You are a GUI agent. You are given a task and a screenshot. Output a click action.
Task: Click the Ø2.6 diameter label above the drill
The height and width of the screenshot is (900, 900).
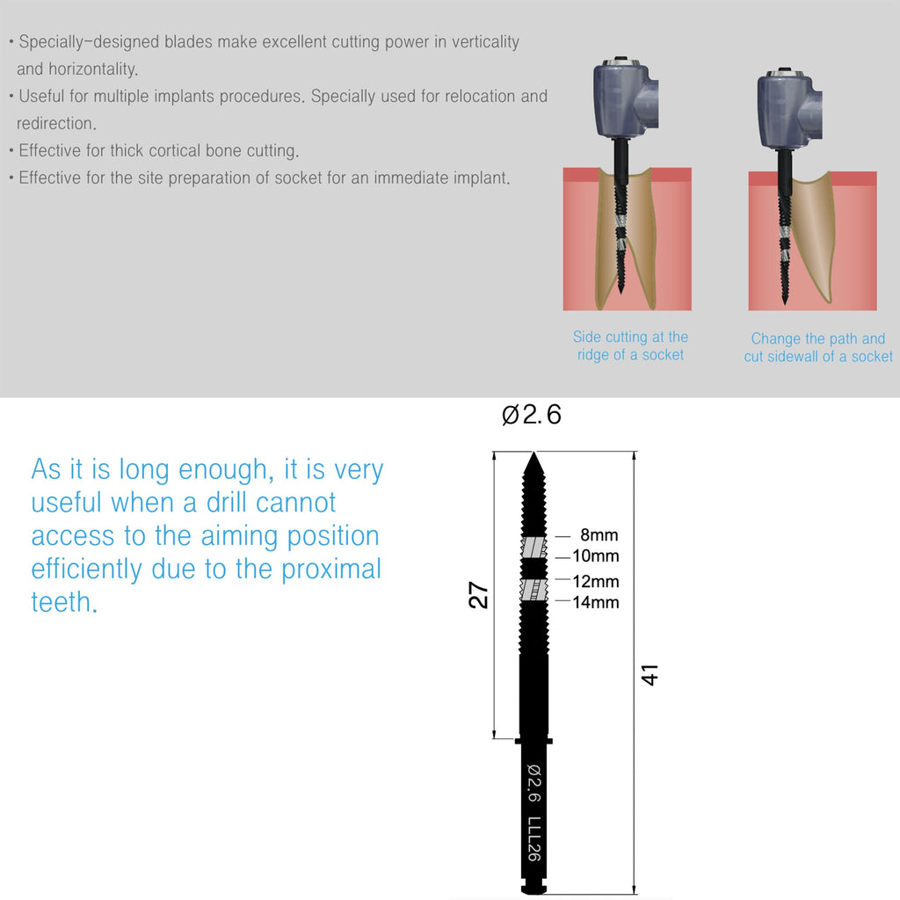532,415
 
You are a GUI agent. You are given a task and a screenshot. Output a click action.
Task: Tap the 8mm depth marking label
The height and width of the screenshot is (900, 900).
599,535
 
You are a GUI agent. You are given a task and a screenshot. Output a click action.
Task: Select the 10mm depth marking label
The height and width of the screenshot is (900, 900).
596,556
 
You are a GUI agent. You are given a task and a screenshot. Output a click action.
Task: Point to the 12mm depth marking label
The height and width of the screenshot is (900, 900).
596,582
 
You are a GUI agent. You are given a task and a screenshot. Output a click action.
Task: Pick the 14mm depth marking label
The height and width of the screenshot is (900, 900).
596,602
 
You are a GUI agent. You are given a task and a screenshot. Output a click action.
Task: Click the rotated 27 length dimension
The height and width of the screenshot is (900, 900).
478,595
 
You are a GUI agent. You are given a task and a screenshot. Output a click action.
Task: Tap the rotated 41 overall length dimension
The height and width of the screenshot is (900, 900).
650,675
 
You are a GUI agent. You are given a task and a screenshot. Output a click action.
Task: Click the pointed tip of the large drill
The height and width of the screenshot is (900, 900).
533,453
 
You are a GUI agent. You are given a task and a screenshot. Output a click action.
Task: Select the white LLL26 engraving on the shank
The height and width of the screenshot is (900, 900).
534,839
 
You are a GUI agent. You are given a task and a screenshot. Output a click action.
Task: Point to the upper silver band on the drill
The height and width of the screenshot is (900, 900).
533,548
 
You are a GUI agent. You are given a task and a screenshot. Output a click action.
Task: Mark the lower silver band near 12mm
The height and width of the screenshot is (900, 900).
533,590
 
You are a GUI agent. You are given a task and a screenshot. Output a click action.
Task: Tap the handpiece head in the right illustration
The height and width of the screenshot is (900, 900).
788,108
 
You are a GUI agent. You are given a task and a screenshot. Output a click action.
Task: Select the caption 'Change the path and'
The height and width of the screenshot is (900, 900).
818,338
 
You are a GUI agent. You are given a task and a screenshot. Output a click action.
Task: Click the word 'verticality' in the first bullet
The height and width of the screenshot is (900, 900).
485,42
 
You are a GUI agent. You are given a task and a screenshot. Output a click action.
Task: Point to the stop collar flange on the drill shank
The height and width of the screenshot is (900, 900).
533,741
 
